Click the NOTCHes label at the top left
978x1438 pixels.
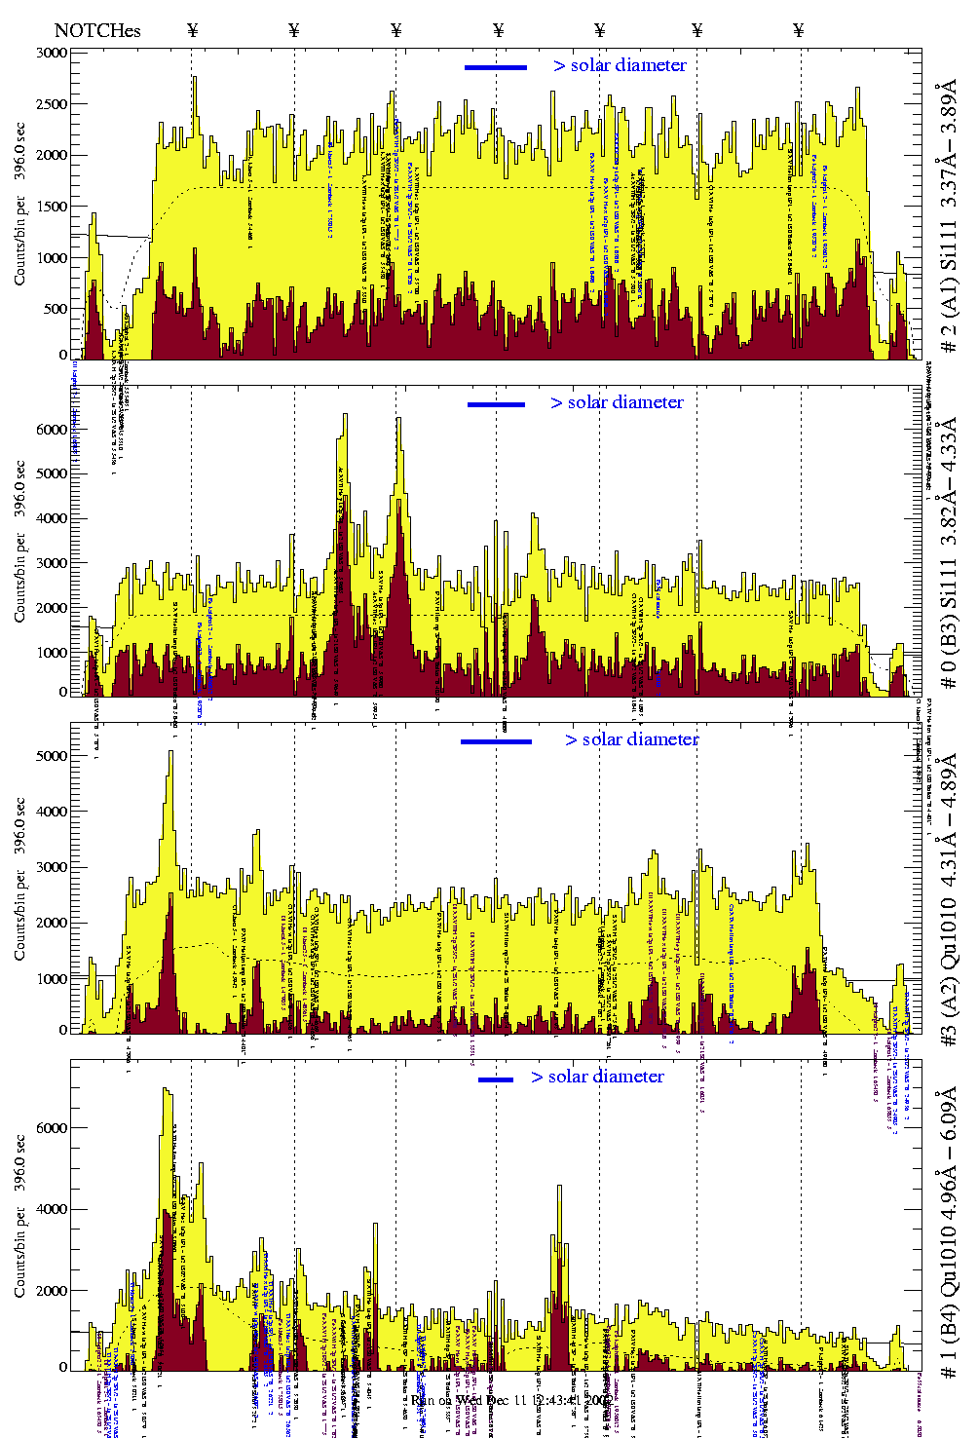[97, 30]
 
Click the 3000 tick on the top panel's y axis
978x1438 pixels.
[52, 53]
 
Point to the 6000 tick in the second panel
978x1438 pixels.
[52, 429]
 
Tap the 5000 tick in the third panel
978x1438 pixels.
[52, 756]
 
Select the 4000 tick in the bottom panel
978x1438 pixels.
[52, 1209]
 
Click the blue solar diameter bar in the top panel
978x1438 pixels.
[496, 67]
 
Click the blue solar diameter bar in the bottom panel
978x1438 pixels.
[496, 1079]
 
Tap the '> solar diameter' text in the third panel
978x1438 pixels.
[632, 739]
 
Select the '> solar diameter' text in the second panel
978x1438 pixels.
[618, 402]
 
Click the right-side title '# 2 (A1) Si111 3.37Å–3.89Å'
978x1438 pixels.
[948, 219]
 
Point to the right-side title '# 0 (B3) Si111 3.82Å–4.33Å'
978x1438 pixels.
[948, 552]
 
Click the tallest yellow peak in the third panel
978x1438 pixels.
[170, 753]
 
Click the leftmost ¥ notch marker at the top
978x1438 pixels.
[192, 30]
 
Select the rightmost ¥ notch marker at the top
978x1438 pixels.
[799, 30]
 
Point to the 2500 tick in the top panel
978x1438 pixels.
[52, 104]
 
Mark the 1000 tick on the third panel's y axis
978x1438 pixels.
[52, 978]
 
